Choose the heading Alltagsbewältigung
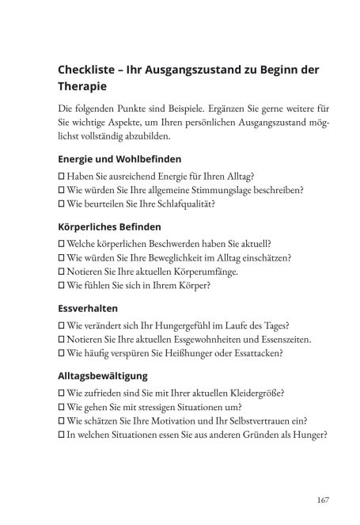pos(104,377)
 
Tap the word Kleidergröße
pos(255,393)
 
